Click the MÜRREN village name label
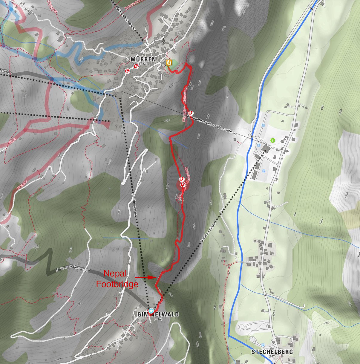coord(143,59)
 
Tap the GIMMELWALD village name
coord(158,314)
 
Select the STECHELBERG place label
coord(272,352)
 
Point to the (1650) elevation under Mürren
coord(143,64)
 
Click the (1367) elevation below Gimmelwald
coord(158,319)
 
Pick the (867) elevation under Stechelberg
coord(272,356)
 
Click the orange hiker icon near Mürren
coord(169,62)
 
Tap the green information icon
coord(272,140)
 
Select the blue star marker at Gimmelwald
coord(151,311)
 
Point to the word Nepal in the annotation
coord(115,273)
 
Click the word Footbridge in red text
coord(117,284)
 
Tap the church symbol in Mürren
coord(163,40)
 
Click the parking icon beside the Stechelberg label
coord(263,345)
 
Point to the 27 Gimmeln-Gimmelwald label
coord(73,270)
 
